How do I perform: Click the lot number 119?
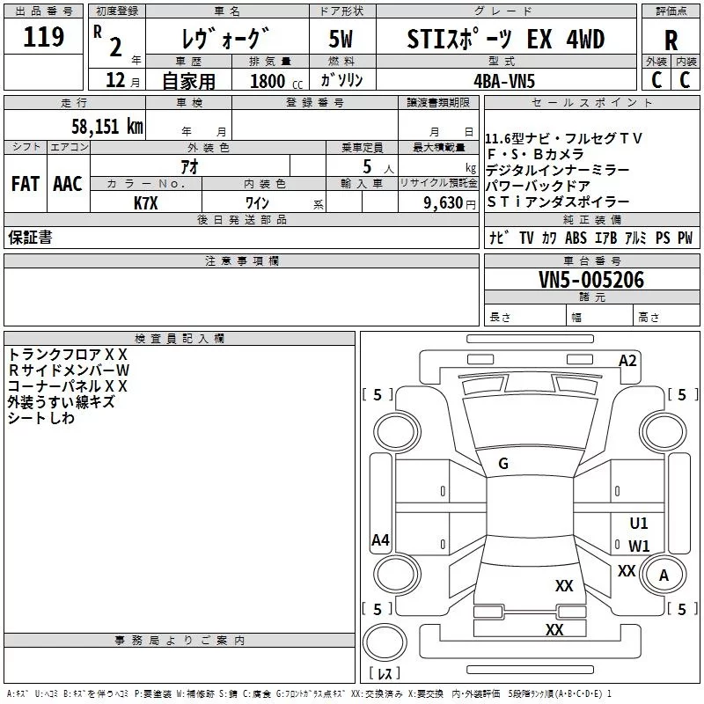(x=43, y=37)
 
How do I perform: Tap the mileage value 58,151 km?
(x=107, y=127)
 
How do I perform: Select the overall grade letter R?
(x=671, y=40)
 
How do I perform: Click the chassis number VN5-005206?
(x=591, y=280)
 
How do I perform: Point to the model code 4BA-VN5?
(x=504, y=81)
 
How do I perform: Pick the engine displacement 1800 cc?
(x=276, y=81)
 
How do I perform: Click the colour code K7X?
(x=146, y=203)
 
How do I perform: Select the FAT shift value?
(x=26, y=184)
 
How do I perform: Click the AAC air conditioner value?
(x=68, y=184)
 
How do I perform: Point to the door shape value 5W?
(x=341, y=39)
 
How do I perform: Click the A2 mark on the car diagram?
(x=627, y=361)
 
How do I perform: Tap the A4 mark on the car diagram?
(x=380, y=539)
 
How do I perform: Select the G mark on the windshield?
(x=503, y=464)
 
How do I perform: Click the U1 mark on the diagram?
(x=639, y=523)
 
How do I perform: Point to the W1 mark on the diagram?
(x=639, y=546)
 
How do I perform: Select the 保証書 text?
(x=30, y=237)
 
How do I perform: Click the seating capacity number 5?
(x=367, y=166)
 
